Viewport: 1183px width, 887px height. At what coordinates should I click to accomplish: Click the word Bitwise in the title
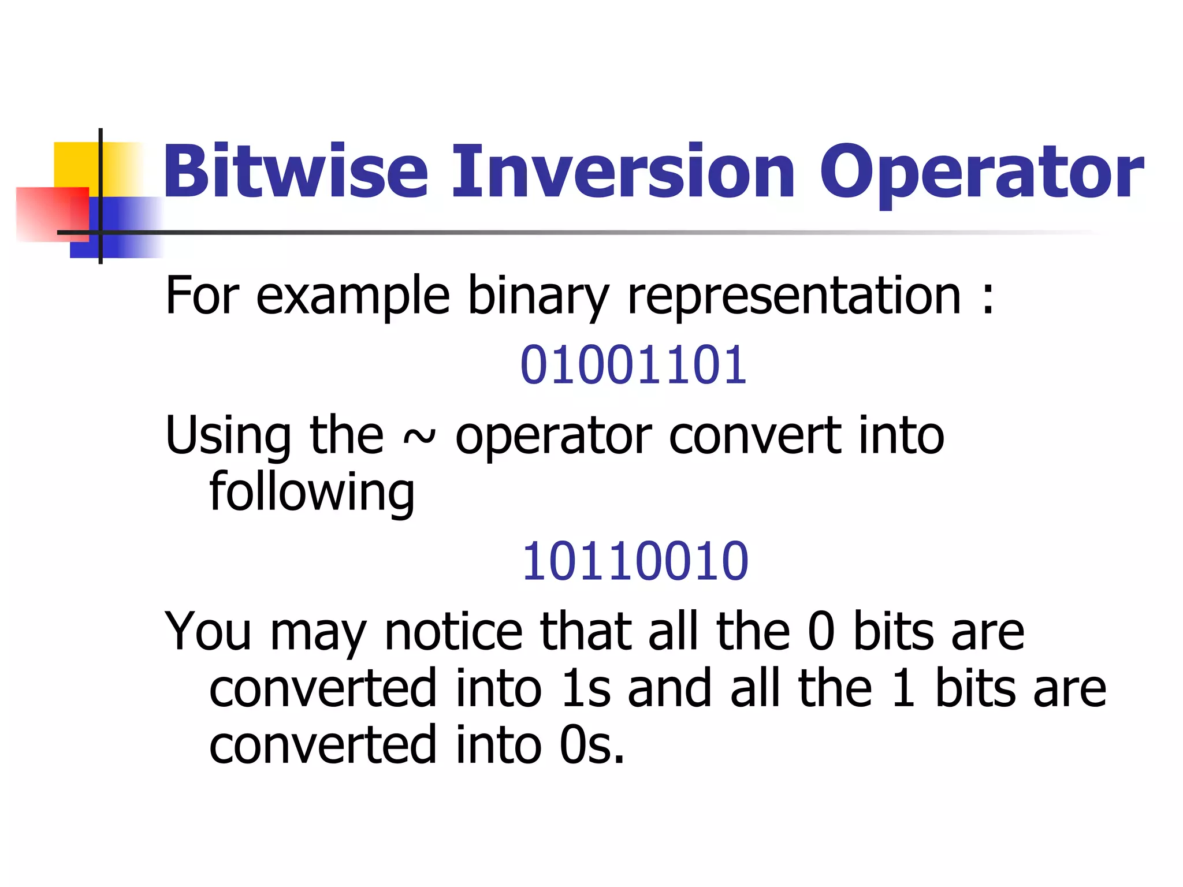(295, 172)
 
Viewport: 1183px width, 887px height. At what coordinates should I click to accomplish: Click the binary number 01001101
(634, 365)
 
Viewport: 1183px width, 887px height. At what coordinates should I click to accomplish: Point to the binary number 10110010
(635, 561)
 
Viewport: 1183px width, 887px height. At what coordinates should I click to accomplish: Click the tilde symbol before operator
(418, 438)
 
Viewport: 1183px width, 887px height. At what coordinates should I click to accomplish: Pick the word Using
(228, 437)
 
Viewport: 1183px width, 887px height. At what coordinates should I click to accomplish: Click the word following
(312, 493)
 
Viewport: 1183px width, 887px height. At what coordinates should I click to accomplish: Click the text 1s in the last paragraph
(586, 688)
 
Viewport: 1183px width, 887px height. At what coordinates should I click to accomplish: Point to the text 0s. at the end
(592, 745)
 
